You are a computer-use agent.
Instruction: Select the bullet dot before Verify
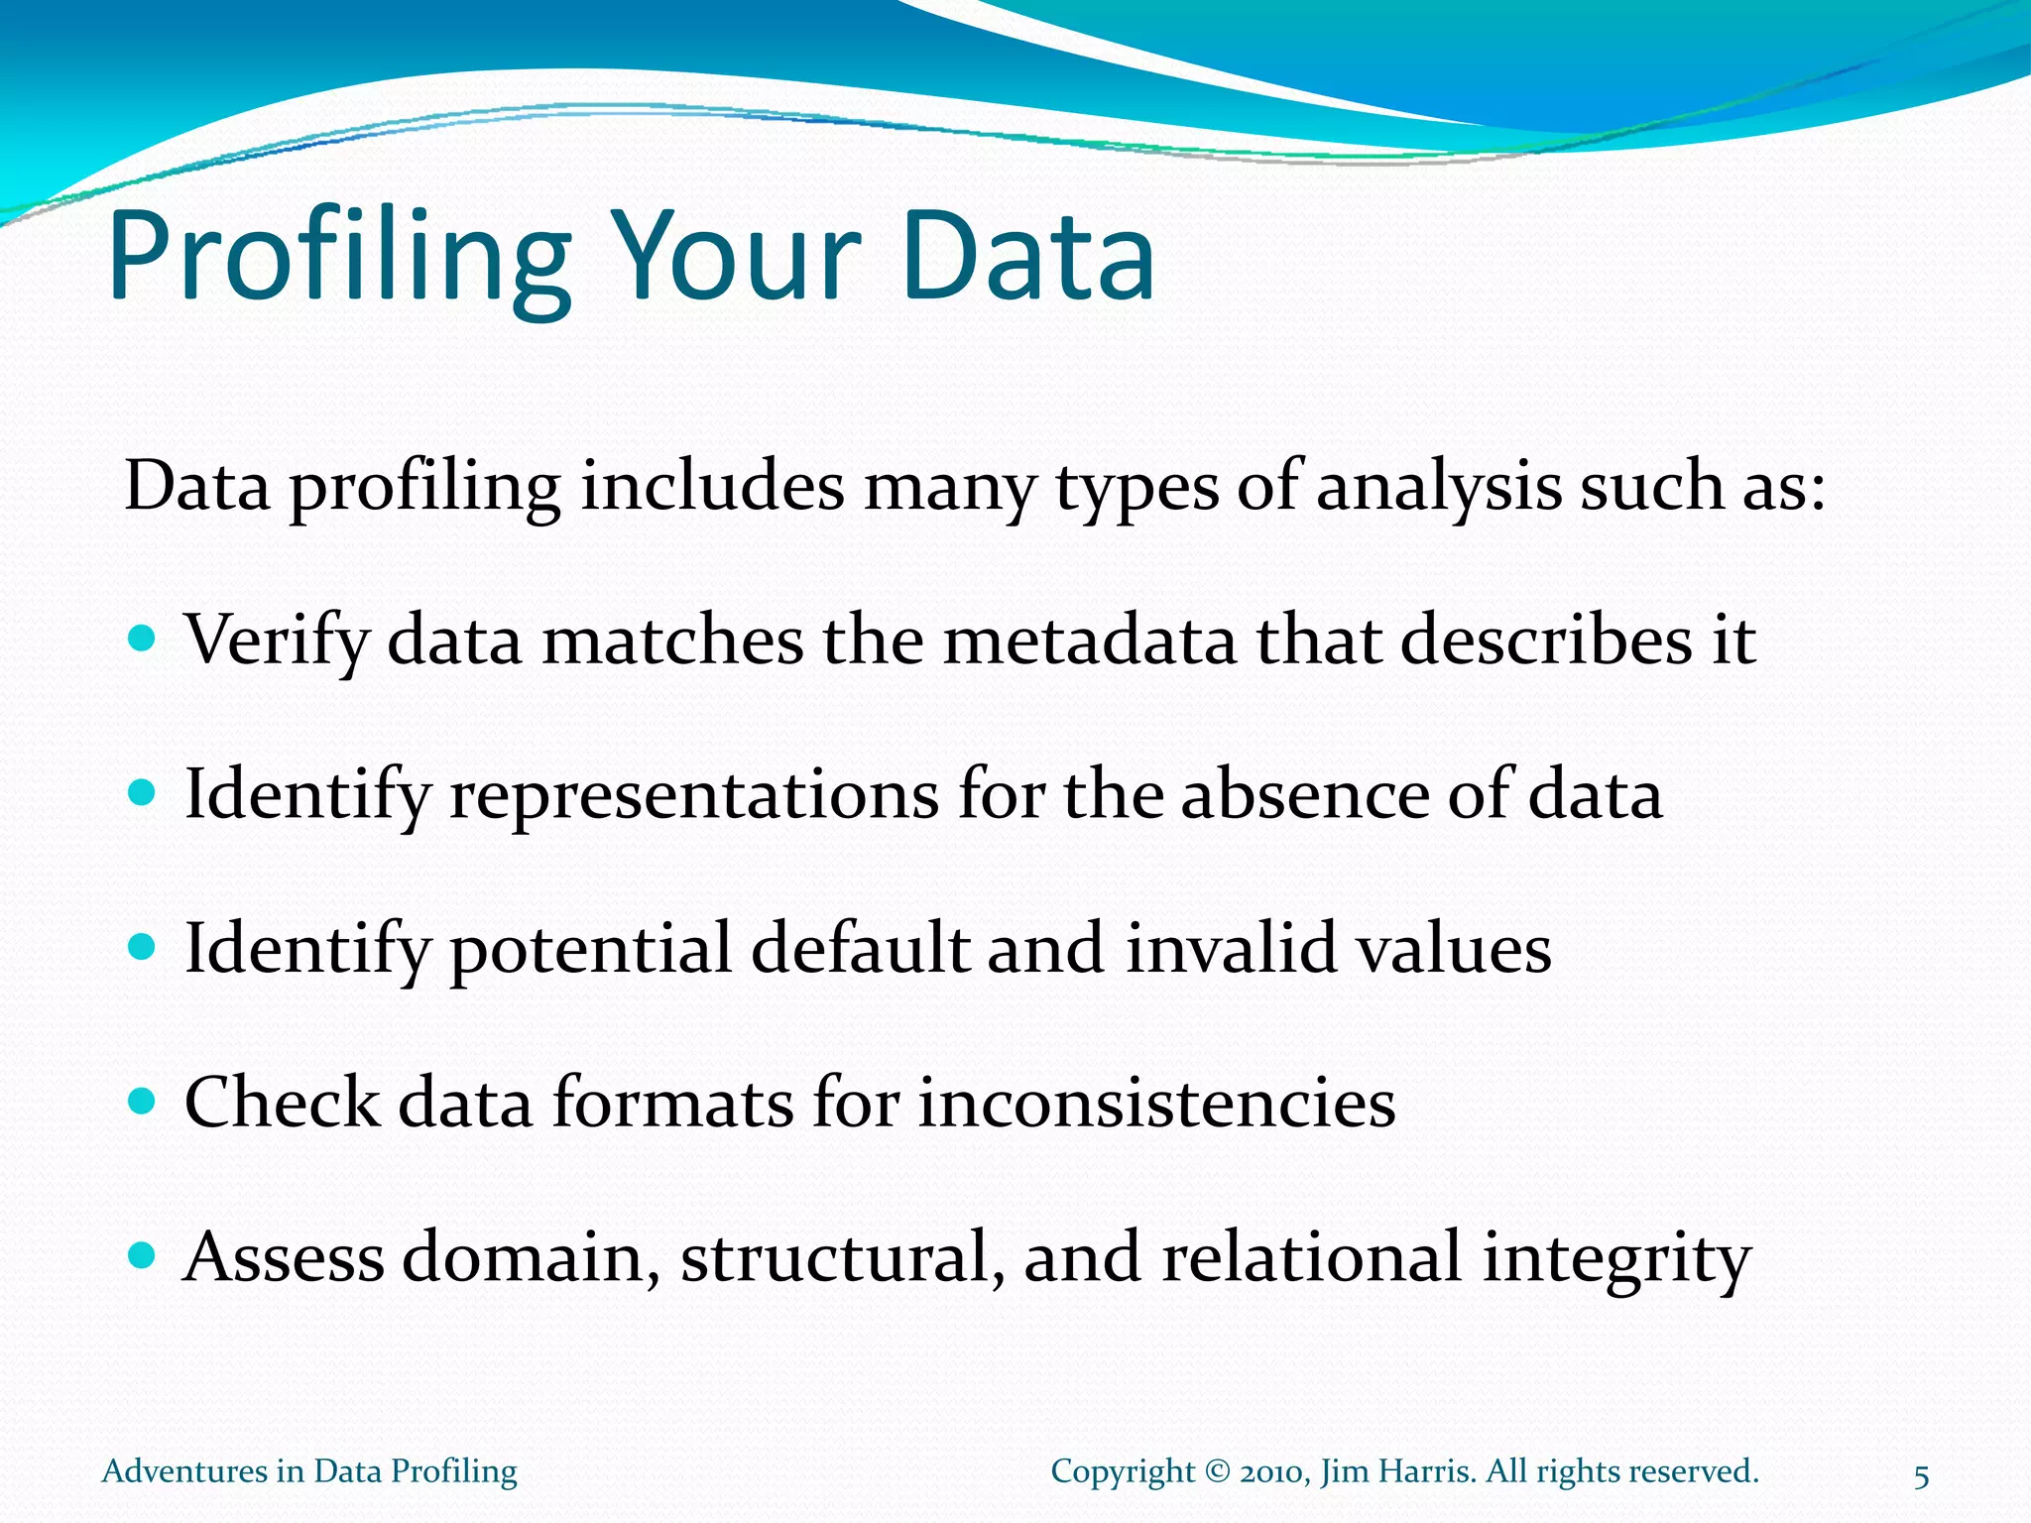(143, 638)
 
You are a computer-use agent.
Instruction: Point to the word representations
(693, 794)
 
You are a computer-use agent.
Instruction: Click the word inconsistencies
(1156, 1103)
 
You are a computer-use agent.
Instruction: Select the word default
(860, 948)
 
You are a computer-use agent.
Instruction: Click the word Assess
(285, 1256)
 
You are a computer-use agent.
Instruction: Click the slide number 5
(1921, 1477)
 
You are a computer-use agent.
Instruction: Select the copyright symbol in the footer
(1217, 1471)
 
